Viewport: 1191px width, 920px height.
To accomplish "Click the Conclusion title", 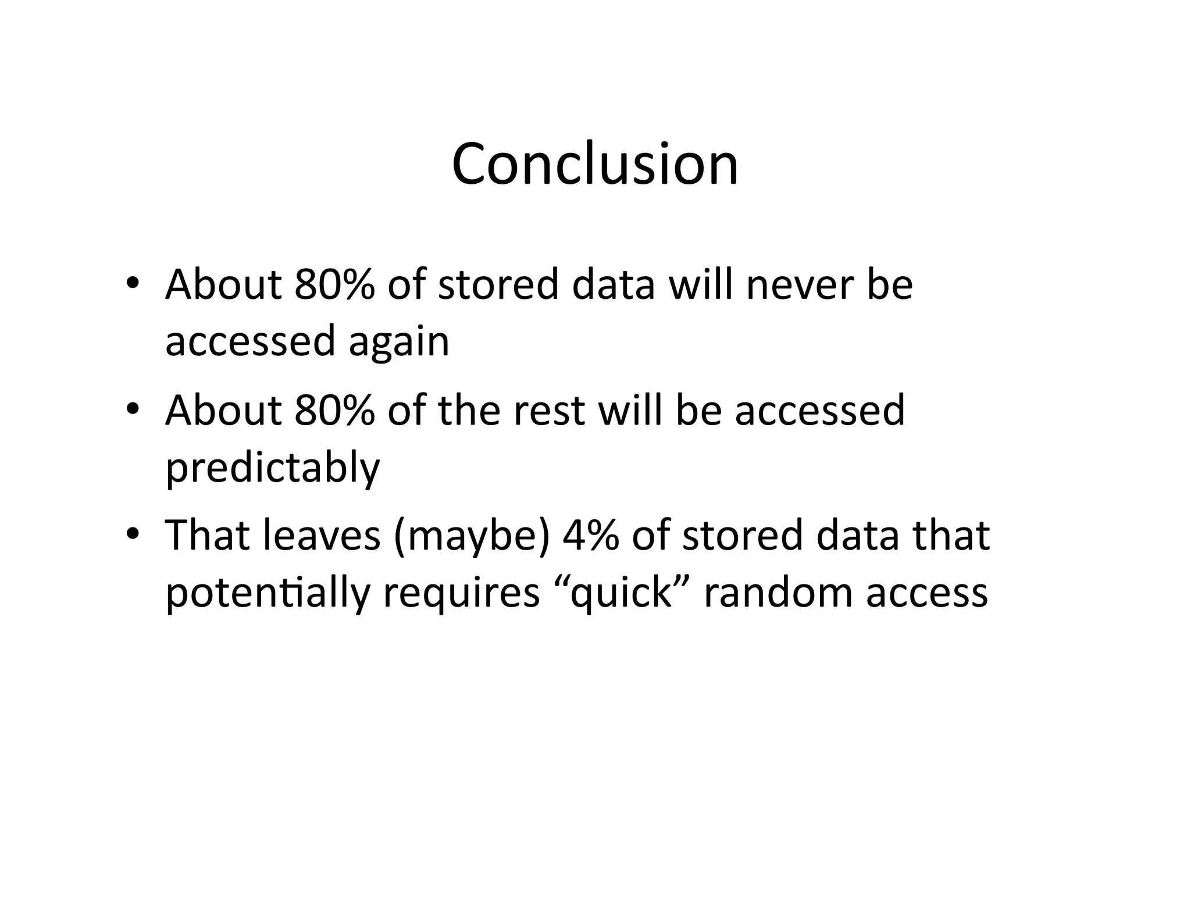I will [x=595, y=165].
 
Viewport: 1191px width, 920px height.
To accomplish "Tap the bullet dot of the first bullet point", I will [x=133, y=283].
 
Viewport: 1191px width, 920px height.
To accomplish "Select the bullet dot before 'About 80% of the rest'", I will [x=133, y=409].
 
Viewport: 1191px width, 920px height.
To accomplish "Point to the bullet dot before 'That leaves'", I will [x=133, y=533].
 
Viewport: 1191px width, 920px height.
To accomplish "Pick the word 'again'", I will [x=399, y=342].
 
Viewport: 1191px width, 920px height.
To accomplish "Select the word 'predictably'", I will [x=273, y=468].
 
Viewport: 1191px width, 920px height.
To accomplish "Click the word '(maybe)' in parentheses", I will [x=471, y=536].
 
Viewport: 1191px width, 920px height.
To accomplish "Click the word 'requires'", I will [x=461, y=594].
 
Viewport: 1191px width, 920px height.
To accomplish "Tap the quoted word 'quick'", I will [x=621, y=594].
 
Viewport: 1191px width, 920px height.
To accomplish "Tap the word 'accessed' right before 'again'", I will [x=250, y=342].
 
